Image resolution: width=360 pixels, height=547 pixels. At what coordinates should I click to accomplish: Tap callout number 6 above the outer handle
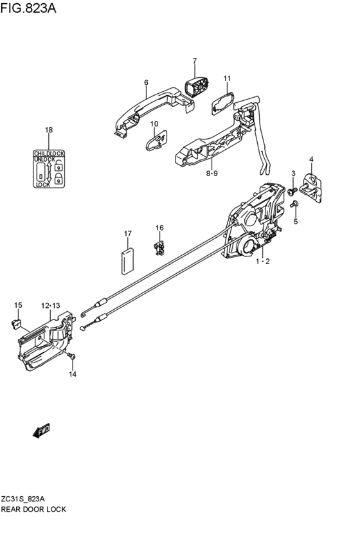pos(146,83)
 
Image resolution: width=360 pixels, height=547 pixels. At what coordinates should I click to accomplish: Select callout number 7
pos(194,61)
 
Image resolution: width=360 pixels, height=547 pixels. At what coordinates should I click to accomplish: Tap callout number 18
pos(48,130)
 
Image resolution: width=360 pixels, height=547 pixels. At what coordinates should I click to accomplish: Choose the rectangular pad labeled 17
pos(127,260)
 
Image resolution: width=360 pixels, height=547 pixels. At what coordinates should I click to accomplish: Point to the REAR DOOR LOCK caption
pos(33,509)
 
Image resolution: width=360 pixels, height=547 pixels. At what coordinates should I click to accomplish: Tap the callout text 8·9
pos(212,174)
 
